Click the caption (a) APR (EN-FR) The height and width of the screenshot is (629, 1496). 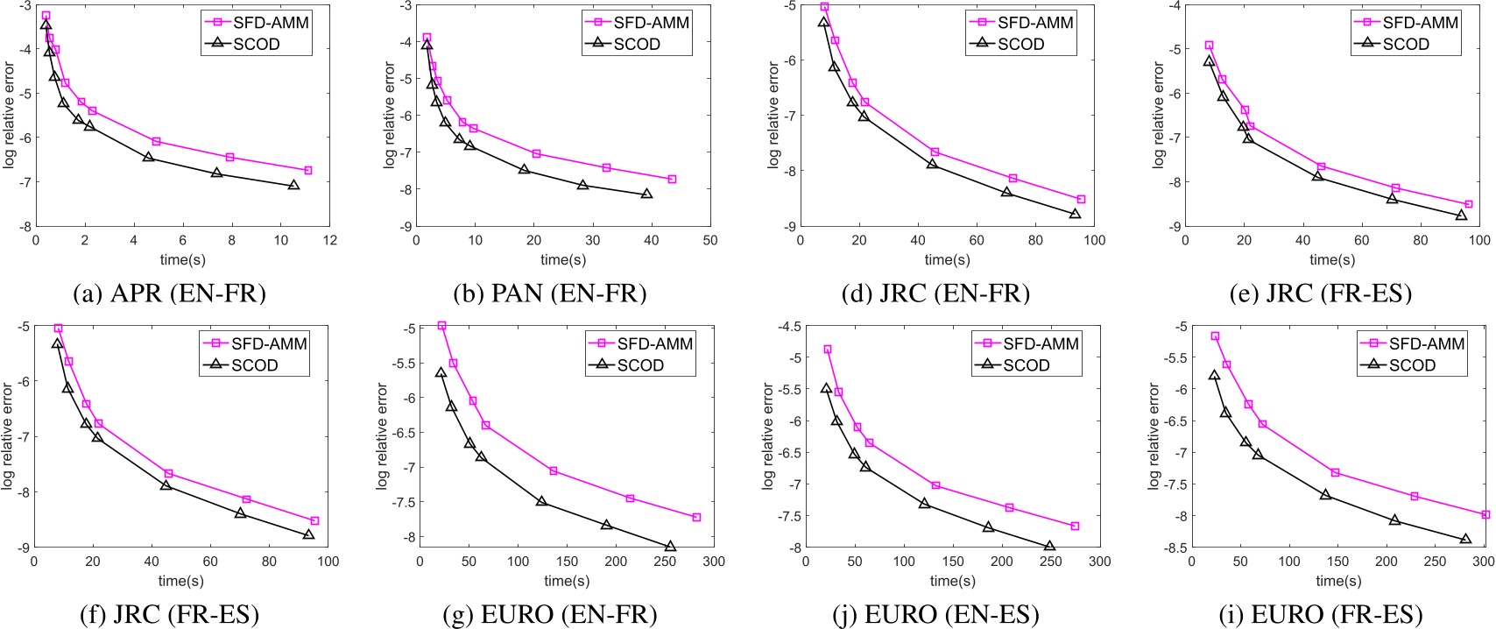click(x=171, y=293)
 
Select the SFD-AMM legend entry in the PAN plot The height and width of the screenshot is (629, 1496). click(x=638, y=23)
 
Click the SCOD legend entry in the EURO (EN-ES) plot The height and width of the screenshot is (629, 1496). click(x=1027, y=365)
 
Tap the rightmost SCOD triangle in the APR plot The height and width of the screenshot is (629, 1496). click(x=293, y=185)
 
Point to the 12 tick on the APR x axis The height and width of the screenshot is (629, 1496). click(x=329, y=240)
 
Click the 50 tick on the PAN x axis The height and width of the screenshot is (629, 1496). click(x=710, y=240)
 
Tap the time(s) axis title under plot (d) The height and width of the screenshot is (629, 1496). click(x=947, y=259)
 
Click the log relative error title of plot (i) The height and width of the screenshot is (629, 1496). click(x=1154, y=436)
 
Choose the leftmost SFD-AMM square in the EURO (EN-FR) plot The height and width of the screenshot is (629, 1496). click(x=441, y=325)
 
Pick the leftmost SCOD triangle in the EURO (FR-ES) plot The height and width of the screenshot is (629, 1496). click(x=1214, y=375)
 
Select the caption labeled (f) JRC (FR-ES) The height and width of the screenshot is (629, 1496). click(x=169, y=615)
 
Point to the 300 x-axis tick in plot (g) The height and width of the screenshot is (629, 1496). click(x=714, y=562)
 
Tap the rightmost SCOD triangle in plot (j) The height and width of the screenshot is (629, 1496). click(x=1049, y=547)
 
